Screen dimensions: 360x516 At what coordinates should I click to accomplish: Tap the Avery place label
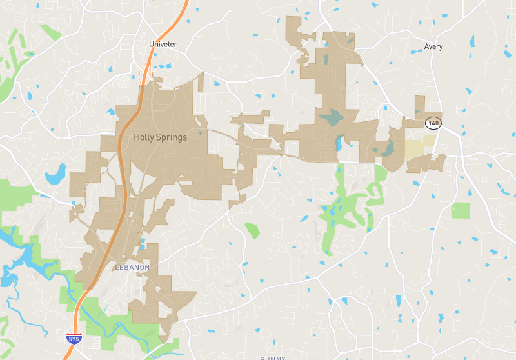(x=433, y=46)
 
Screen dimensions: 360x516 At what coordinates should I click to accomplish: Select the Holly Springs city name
(x=160, y=137)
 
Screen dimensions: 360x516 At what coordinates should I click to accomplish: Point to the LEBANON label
(x=132, y=266)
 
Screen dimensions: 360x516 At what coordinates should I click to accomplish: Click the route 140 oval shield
(x=433, y=123)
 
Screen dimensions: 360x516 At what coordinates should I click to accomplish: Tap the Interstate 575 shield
(x=74, y=338)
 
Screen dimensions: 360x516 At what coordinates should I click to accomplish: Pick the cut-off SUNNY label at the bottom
(x=272, y=357)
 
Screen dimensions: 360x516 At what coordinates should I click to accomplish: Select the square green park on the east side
(x=462, y=210)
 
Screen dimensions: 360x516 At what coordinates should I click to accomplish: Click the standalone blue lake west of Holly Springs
(x=55, y=174)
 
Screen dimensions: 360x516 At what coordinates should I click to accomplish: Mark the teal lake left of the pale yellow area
(x=388, y=148)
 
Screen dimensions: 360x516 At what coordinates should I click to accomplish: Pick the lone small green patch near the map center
(x=252, y=229)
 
